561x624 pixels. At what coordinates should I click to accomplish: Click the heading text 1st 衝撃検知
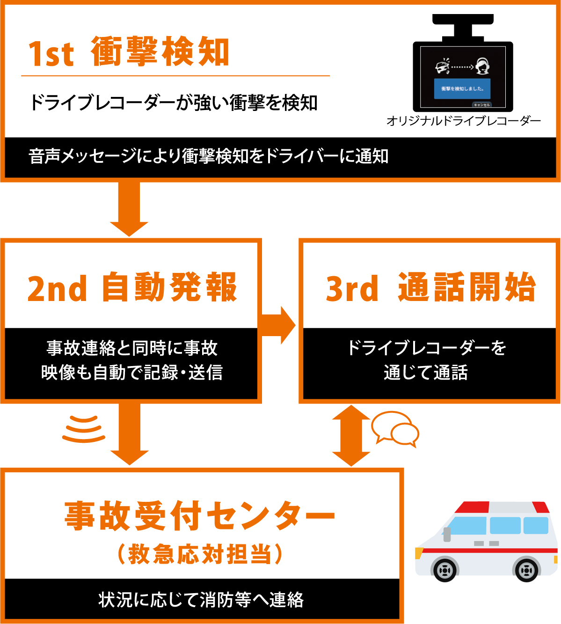(x=129, y=52)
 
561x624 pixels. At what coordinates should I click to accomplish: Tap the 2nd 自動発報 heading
(x=132, y=287)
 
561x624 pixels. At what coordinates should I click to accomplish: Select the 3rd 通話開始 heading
(x=430, y=287)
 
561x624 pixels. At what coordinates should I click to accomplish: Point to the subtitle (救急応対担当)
(x=200, y=554)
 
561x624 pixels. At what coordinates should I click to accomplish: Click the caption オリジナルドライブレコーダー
(x=463, y=121)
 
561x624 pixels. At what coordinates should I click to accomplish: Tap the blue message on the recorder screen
(x=462, y=88)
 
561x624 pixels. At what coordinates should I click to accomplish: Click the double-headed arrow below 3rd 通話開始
(x=351, y=435)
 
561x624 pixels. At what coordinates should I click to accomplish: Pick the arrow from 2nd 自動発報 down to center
(x=129, y=433)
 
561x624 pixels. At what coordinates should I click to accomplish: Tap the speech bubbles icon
(x=395, y=428)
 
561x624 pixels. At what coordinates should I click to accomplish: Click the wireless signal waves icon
(x=83, y=428)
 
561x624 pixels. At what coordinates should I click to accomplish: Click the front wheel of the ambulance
(x=444, y=570)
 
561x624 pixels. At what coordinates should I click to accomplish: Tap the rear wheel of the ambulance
(x=526, y=570)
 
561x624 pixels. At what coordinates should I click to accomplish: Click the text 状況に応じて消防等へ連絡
(x=201, y=600)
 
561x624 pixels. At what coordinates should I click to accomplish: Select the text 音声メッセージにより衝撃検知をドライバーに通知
(x=208, y=156)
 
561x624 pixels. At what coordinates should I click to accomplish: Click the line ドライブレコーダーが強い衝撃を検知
(x=174, y=103)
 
